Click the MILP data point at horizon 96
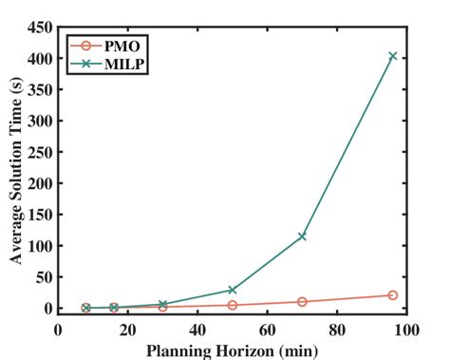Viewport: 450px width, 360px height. pyautogui.click(x=392, y=56)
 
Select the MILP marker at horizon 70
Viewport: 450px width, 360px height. pyautogui.click(x=302, y=236)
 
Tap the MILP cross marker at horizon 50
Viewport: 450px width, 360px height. pyautogui.click(x=233, y=290)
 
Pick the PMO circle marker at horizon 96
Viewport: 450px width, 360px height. pyautogui.click(x=392, y=295)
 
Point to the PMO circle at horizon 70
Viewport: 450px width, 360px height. pyautogui.click(x=302, y=302)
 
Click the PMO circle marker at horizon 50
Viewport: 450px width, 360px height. pyautogui.click(x=233, y=305)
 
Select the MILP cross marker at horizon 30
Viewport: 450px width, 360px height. pyautogui.click(x=162, y=304)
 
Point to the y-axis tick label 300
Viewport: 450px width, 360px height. pyautogui.click(x=39, y=121)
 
